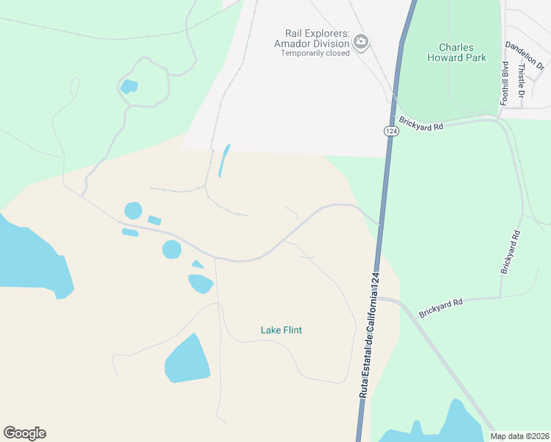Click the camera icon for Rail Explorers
361,42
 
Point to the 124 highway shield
390,130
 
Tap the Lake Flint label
281,330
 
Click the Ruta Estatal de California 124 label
371,335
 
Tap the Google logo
24,433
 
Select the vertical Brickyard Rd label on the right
510,253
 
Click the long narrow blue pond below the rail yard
224,160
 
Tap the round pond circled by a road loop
129,86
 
